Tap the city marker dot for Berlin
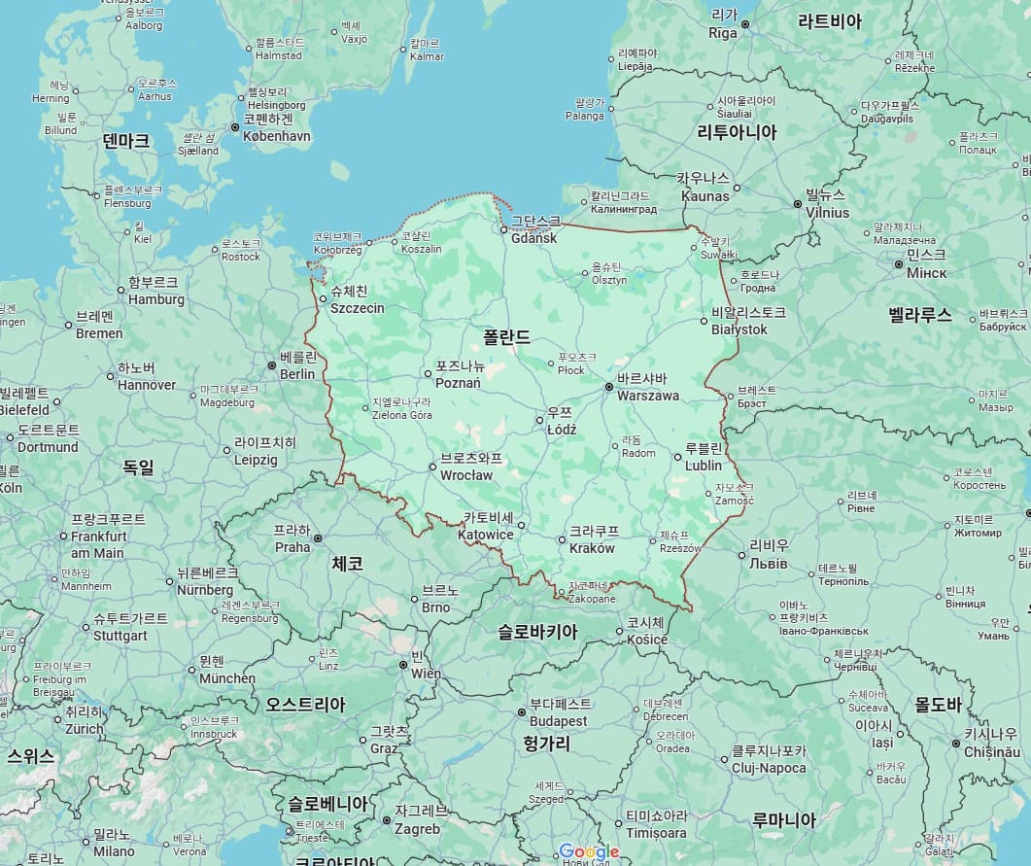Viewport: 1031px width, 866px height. click(272, 365)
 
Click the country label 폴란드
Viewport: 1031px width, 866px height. click(507, 337)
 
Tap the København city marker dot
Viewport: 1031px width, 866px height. click(235, 127)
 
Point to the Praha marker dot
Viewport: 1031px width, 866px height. click(317, 537)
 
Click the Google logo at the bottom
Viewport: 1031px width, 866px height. click(589, 852)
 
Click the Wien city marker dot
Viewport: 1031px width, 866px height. click(403, 665)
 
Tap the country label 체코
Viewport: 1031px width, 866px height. click(347, 563)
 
